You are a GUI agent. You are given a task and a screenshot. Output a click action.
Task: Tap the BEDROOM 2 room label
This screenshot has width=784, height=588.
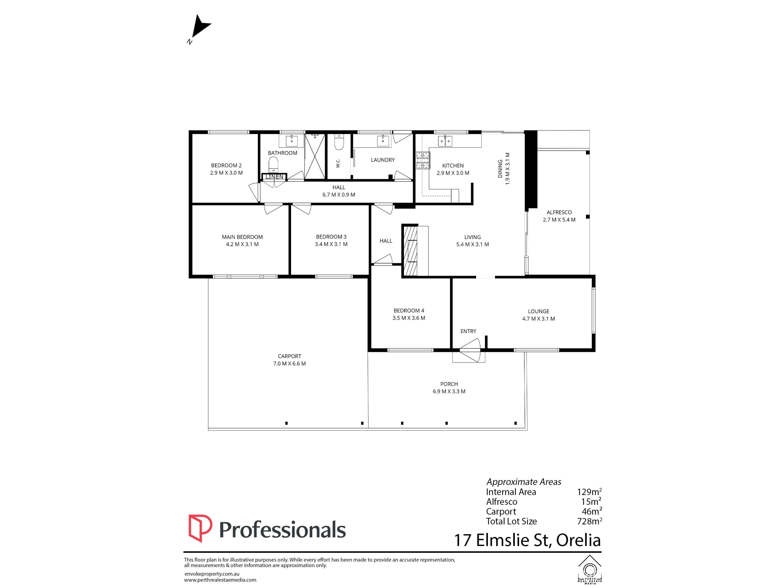click(x=226, y=166)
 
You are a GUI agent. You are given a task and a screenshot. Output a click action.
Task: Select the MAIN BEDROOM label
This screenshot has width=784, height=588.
click(x=242, y=237)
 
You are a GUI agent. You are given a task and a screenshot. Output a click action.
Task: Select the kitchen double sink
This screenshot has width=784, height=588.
click(x=445, y=141)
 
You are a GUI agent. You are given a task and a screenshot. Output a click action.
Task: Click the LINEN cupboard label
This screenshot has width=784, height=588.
click(x=274, y=177)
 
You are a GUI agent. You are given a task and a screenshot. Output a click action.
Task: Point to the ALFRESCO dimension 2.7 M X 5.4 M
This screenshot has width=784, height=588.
click(x=559, y=220)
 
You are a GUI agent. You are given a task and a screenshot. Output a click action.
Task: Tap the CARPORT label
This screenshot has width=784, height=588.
click(x=289, y=356)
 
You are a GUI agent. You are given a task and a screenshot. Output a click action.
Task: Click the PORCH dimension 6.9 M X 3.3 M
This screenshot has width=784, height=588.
click(x=449, y=391)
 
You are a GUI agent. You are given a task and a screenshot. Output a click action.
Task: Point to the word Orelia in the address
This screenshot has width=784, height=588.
click(x=578, y=540)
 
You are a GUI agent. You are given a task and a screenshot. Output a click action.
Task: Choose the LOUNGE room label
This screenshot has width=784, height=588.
click(x=538, y=312)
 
